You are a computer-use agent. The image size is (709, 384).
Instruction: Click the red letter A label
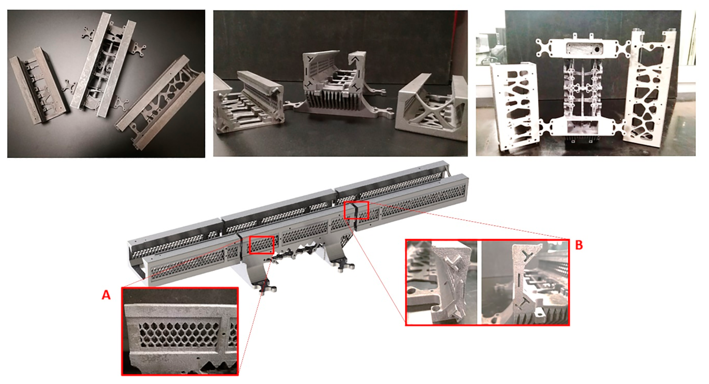pos(106,295)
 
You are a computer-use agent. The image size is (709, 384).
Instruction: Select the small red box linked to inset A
pos(261,245)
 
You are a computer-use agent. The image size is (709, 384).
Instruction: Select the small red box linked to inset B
pos(356,210)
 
